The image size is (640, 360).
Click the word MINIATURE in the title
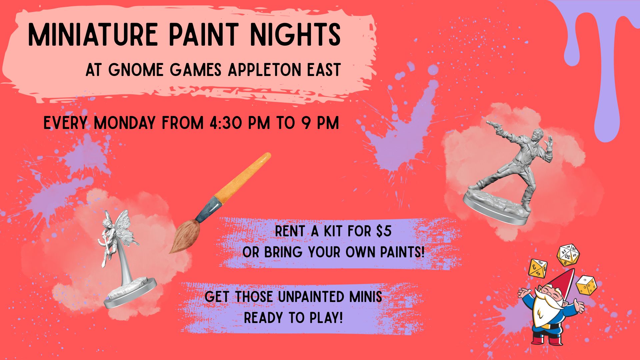[x=93, y=35]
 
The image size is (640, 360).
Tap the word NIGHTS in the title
[x=295, y=35]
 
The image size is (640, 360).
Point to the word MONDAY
[x=124, y=123]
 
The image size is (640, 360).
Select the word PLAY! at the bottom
[x=326, y=318]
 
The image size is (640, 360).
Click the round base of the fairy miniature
[x=130, y=293]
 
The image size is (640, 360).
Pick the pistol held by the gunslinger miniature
[x=493, y=126]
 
